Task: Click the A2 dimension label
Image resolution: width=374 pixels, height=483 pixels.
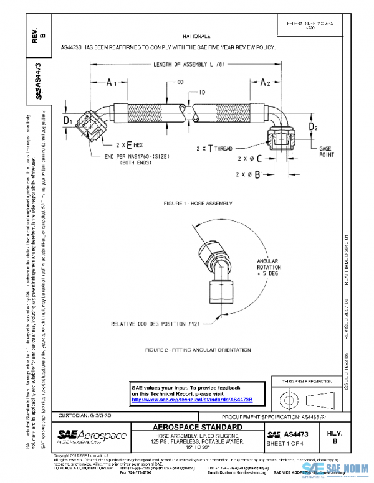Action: click(x=264, y=82)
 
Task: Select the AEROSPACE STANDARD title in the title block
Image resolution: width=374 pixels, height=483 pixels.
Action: click(x=198, y=427)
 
